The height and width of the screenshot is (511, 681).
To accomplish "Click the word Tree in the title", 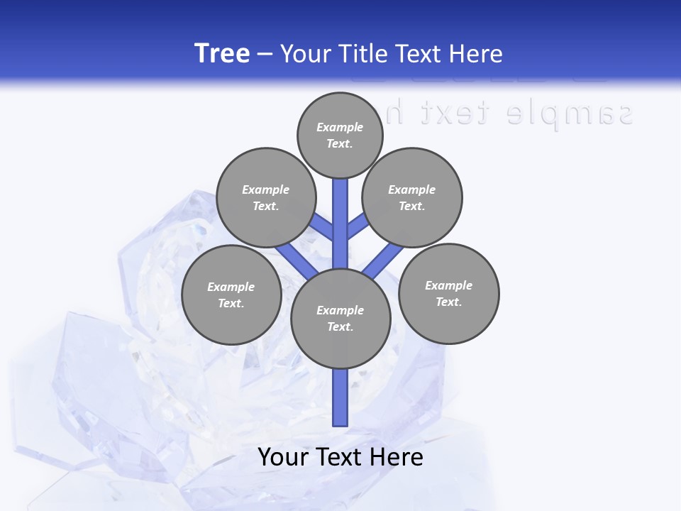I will (x=222, y=54).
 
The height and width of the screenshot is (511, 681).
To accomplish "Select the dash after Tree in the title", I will (x=265, y=55).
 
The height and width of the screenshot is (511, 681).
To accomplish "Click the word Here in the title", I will (x=477, y=54).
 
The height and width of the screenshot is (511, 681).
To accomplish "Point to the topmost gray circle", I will (x=340, y=135).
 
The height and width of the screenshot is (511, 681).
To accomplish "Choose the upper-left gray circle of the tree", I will (x=265, y=197).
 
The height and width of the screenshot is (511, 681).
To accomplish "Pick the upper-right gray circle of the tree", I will (x=412, y=197).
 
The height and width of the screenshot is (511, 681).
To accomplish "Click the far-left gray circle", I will (x=231, y=295).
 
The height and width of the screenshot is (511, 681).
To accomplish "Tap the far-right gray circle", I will (x=448, y=293).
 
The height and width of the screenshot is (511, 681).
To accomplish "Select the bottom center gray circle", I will (x=340, y=318).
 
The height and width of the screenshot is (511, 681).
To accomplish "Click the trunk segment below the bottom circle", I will (x=340, y=397).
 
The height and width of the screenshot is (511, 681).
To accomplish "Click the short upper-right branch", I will (x=358, y=226).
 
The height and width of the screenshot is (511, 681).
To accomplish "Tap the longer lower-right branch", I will (x=383, y=260).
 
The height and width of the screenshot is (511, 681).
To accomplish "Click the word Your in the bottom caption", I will (x=284, y=457).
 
